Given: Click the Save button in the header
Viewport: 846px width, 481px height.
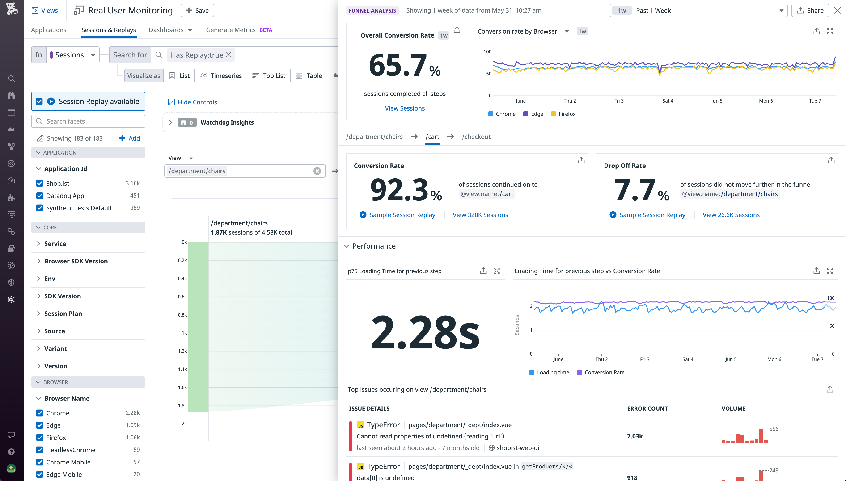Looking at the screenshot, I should pyautogui.click(x=197, y=11).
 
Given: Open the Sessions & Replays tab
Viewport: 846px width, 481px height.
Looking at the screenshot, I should pyautogui.click(x=109, y=30).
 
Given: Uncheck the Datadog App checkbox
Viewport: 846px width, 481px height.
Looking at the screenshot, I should pyautogui.click(x=40, y=196).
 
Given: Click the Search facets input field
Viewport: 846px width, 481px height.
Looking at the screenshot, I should pyautogui.click(x=88, y=121).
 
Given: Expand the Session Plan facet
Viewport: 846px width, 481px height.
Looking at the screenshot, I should pyautogui.click(x=63, y=314).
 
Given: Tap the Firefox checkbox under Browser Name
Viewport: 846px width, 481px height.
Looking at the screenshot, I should pyautogui.click(x=40, y=437).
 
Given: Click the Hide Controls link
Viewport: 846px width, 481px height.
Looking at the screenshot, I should pyautogui.click(x=197, y=102).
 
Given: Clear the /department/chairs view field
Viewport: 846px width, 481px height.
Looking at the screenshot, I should pyautogui.click(x=317, y=171).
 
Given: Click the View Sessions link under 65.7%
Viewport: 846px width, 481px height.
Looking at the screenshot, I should pyautogui.click(x=405, y=108).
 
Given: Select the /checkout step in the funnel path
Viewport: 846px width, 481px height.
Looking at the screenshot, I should pyautogui.click(x=476, y=137).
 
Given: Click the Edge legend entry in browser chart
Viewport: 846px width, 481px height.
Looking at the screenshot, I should pyautogui.click(x=537, y=114).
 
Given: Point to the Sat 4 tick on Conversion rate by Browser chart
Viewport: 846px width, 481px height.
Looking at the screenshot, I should pyautogui.click(x=667, y=101).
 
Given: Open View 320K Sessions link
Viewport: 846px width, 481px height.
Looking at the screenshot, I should pyautogui.click(x=480, y=215).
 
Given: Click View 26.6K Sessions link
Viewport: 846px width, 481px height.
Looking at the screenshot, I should pyautogui.click(x=731, y=215).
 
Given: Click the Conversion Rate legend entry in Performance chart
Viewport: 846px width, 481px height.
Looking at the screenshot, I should pyautogui.click(x=604, y=372).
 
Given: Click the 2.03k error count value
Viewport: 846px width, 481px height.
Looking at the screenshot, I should pyautogui.click(x=635, y=436).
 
